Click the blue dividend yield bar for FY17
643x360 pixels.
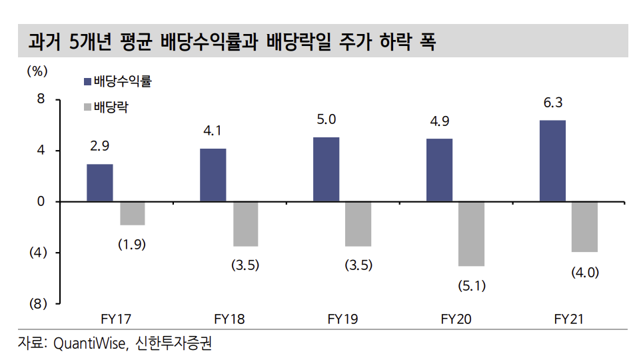99,183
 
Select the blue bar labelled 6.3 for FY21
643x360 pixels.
553,161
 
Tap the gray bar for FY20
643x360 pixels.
472,233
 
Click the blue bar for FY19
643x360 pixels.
326,169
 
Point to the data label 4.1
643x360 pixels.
213,131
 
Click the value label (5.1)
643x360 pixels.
472,286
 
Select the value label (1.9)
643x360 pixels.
132,244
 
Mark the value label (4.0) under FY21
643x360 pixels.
585,272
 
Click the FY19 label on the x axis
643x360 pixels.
342,319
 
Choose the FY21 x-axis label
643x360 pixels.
569,319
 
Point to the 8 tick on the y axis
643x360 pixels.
41,100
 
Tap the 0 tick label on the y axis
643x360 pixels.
41,201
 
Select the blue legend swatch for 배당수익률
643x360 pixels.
87,82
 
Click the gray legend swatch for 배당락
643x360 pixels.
87,107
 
